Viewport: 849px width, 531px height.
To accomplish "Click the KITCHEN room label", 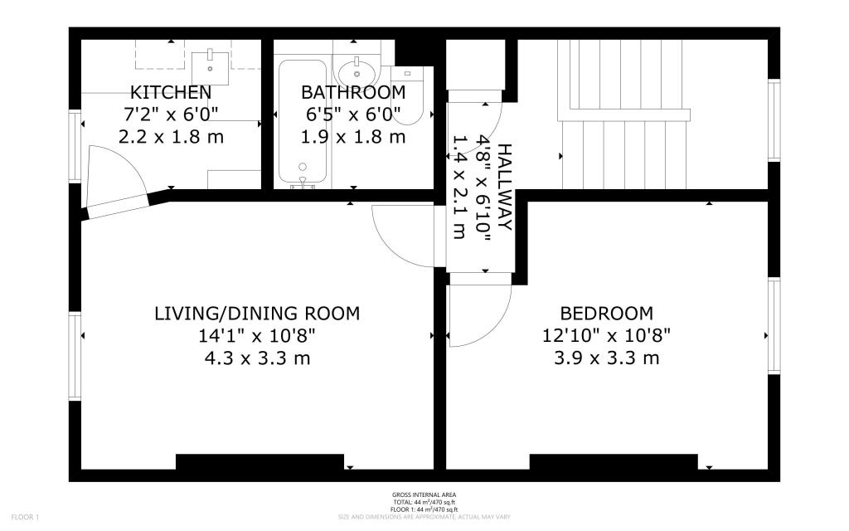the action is click(x=171, y=92).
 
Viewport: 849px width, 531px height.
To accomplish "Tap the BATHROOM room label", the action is click(x=353, y=92).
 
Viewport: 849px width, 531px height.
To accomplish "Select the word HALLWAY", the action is click(x=504, y=187).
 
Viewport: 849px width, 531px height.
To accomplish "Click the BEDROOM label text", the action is click(x=606, y=313).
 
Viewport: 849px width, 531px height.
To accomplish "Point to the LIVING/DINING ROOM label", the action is click(x=257, y=313).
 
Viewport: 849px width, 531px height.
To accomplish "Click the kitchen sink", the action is click(x=210, y=67).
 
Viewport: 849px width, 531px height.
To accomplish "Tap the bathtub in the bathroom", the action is click(x=303, y=123).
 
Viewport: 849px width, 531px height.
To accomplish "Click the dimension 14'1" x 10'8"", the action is click(x=257, y=336).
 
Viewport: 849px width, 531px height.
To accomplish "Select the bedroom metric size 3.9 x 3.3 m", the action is click(x=606, y=358).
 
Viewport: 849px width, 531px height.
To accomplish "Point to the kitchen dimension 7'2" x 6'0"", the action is click(x=171, y=114).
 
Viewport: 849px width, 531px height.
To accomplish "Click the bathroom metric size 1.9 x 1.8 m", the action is click(x=353, y=137).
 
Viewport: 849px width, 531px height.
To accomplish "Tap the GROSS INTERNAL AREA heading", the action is click(x=424, y=494).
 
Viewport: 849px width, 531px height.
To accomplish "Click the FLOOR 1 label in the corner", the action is click(x=25, y=518).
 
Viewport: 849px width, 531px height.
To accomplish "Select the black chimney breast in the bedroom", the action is click(x=614, y=461).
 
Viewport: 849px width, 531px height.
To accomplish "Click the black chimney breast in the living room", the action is click(x=260, y=461).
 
